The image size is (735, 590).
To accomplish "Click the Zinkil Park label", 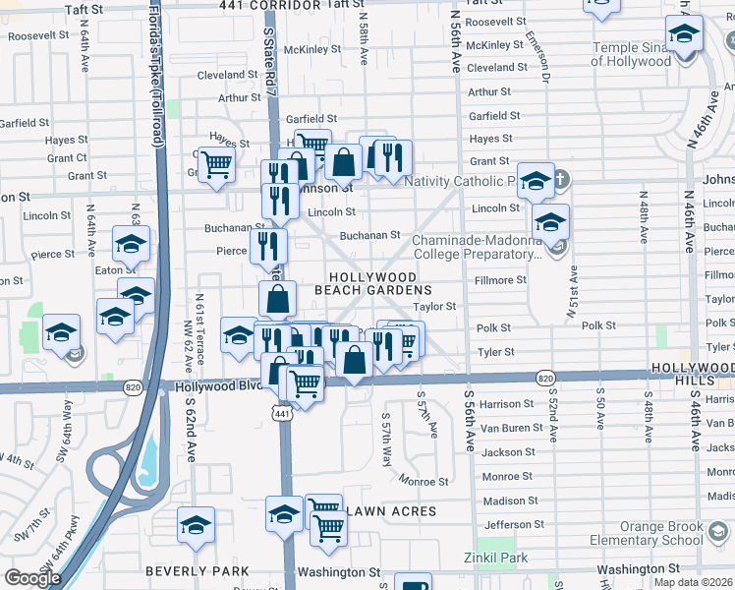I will pyautogui.click(x=496, y=558).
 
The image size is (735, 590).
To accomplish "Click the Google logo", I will pyautogui.click(x=32, y=578).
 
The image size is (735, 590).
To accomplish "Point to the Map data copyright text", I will pyautogui.click(x=694, y=582).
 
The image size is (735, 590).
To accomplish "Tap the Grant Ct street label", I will pyautogui.click(x=67, y=157).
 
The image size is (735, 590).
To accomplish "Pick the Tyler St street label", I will pyautogui.click(x=495, y=352).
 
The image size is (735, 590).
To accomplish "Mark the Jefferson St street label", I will pyautogui.click(x=513, y=524).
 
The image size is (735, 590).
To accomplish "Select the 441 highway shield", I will pyautogui.click(x=283, y=415).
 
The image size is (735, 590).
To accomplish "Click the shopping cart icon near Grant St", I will pyautogui.click(x=215, y=163).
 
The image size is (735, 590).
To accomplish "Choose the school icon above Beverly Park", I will pyautogui.click(x=196, y=523).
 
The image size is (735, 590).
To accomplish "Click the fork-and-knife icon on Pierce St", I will pyautogui.click(x=267, y=245).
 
